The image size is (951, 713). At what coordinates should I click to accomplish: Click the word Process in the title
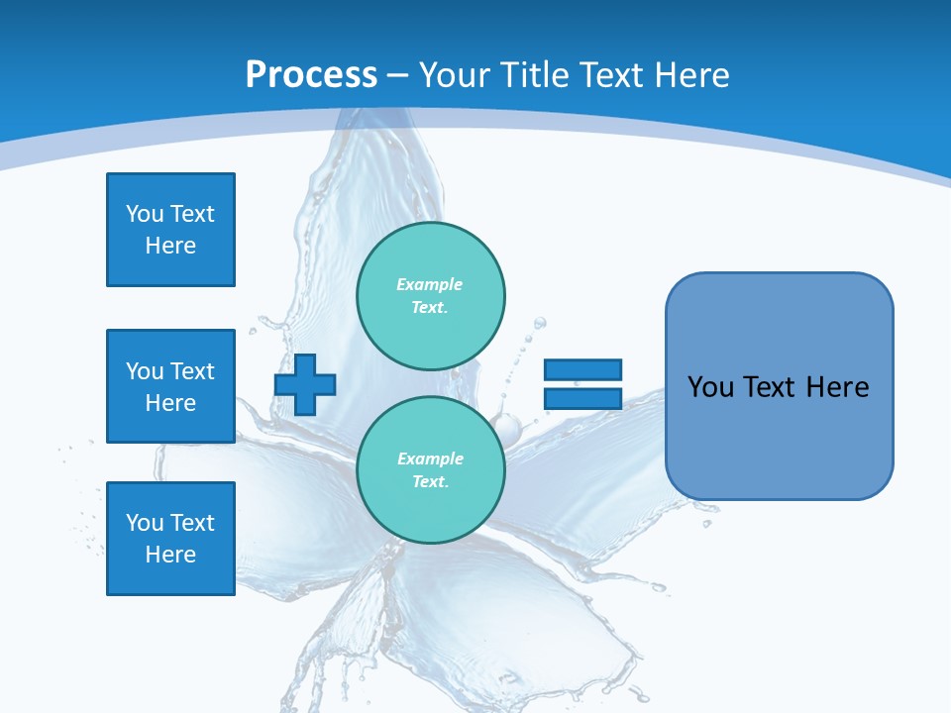[311, 75]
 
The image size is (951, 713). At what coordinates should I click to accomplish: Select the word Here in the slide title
[689, 75]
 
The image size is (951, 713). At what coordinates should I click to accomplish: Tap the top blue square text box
[170, 230]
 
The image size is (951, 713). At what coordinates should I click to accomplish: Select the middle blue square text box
[170, 386]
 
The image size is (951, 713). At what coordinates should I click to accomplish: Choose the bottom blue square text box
[170, 539]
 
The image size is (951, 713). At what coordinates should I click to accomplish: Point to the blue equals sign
[582, 384]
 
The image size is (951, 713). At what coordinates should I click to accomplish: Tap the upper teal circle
[431, 295]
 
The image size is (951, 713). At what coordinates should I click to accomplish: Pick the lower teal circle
[431, 469]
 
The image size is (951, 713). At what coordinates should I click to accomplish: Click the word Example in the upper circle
[430, 284]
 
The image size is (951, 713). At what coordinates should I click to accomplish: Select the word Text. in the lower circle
[430, 481]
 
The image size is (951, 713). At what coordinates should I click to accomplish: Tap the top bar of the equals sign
[582, 369]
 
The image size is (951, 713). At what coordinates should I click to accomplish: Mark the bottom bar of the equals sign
[582, 398]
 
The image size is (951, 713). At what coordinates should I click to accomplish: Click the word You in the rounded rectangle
[711, 387]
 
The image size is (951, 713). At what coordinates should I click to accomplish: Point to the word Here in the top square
[170, 246]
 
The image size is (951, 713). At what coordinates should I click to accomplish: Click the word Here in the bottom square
[170, 555]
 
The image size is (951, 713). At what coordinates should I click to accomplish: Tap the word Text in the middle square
[192, 371]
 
